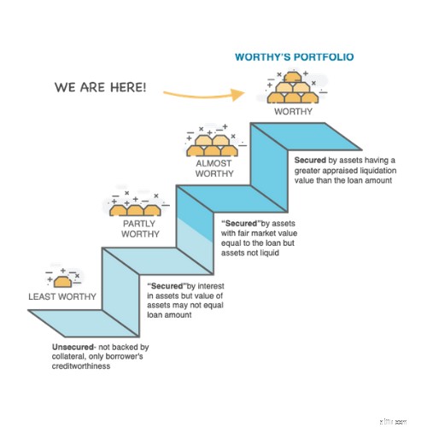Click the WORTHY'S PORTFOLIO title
(295, 57)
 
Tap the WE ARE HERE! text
(100, 87)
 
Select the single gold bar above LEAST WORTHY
(62, 282)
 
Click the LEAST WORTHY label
(62, 296)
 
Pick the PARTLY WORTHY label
(140, 229)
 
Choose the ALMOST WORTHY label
(214, 168)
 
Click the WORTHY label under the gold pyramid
(293, 111)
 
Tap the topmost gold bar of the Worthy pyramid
(293, 77)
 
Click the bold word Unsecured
(73, 347)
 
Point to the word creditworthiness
(81, 366)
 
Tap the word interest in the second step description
(211, 286)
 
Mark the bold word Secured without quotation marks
(310, 161)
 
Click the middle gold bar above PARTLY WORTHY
(135, 210)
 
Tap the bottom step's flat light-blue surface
(84, 323)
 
